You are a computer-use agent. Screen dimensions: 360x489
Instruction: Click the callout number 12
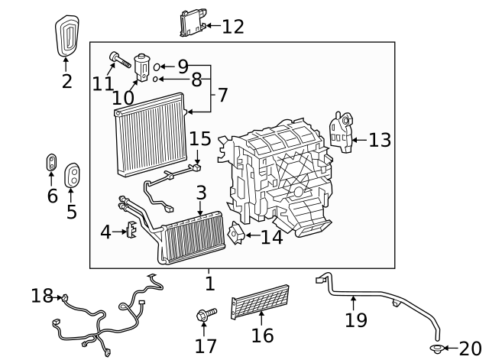233,27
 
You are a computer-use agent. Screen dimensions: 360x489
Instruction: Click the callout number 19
356,319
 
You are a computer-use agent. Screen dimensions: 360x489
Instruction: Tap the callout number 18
42,296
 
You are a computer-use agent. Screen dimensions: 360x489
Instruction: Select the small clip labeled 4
131,229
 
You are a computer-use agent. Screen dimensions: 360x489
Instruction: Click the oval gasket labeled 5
73,175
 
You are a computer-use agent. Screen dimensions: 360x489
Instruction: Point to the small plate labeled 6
51,162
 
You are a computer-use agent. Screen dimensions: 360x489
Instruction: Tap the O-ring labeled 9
157,66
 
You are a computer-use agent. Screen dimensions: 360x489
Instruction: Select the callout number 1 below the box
209,284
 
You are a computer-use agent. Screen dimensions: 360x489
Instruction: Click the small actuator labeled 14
238,236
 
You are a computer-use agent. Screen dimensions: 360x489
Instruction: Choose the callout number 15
199,138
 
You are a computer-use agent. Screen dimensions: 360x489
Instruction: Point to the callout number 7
222,96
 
